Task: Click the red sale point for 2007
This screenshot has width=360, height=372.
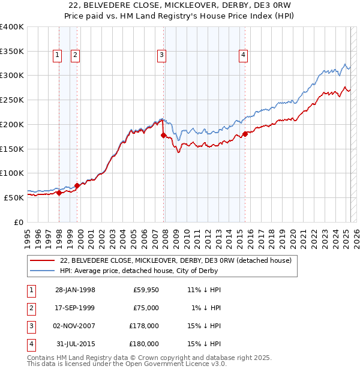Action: click(x=163, y=136)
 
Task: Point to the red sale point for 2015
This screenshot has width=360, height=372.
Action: click(x=245, y=134)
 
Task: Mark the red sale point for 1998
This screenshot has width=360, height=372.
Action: click(x=59, y=193)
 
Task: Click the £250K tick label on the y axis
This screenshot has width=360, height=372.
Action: click(x=11, y=100)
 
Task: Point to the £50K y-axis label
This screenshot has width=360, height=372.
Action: click(x=14, y=197)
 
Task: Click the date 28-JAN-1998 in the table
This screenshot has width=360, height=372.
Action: click(x=75, y=290)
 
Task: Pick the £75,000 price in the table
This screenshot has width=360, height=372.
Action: click(x=145, y=307)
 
